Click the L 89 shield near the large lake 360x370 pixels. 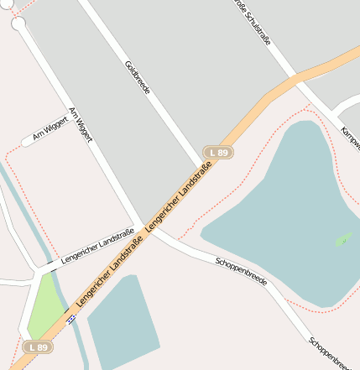[x=218, y=152]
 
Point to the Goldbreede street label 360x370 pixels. [x=136, y=76]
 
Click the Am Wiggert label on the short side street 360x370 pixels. [x=49, y=128]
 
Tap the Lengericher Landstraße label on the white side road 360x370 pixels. [x=97, y=242]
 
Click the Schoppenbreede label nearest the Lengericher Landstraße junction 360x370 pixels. [x=241, y=272]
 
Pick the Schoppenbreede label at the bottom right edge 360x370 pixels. [x=331, y=352]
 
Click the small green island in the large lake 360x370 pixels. [x=344, y=240]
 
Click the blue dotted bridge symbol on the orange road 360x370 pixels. [x=72, y=317]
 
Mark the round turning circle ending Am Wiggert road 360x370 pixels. [x=18, y=24]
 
